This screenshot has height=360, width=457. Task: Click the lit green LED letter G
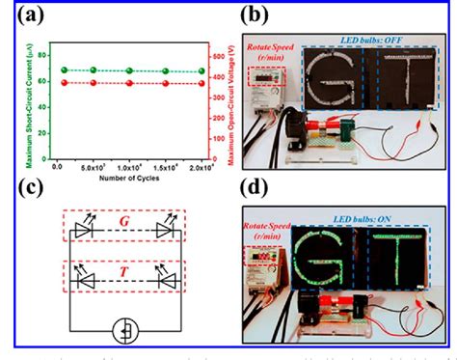(x=334, y=260)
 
